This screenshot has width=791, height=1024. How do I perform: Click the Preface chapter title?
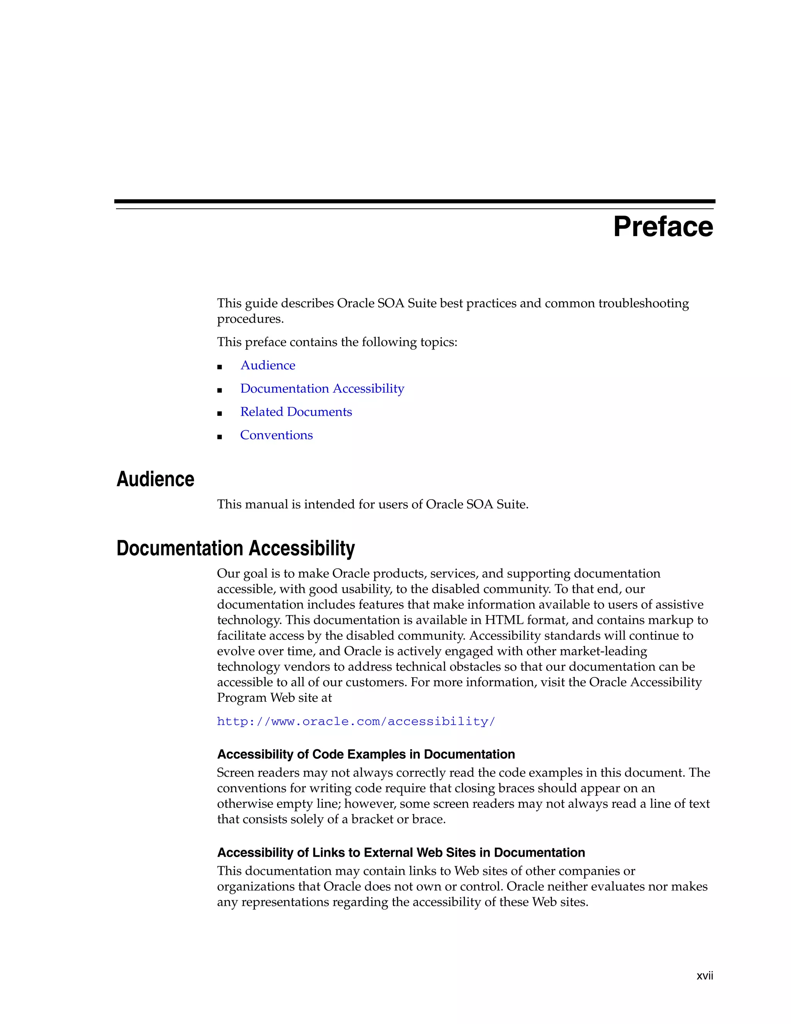pos(663,227)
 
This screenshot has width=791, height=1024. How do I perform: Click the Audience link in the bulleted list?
pos(268,365)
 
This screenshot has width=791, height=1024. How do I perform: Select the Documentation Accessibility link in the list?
pos(322,389)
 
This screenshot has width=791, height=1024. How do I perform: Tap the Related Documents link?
pos(296,412)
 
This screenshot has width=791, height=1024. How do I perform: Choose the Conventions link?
pos(276,435)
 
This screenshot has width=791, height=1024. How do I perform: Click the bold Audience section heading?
pos(155,479)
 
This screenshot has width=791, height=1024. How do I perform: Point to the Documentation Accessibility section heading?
pos(235,548)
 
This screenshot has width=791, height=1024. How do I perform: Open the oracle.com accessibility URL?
pos(356,721)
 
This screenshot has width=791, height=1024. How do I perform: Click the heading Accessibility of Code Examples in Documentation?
pos(365,754)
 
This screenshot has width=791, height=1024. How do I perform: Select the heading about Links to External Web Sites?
pos(401,852)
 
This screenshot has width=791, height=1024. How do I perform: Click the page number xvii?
pos(704,976)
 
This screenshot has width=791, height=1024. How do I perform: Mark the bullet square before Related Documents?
pos(219,413)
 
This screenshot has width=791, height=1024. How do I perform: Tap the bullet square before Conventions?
pos(219,437)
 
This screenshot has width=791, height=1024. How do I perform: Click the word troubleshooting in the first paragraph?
pos(643,303)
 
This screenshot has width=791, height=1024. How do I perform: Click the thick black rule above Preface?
pos(414,201)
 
